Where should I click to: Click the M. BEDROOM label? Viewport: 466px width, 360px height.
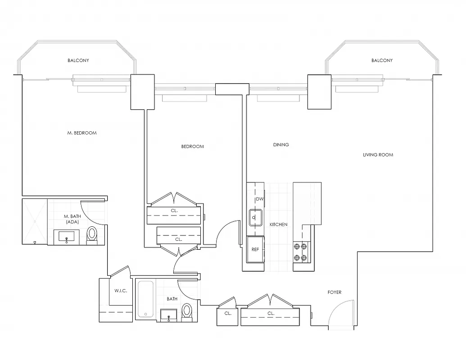pos(82,133)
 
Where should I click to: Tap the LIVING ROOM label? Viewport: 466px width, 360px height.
pos(378,155)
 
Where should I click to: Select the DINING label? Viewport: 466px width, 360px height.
pos(281,145)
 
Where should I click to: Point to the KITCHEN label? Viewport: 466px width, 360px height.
pos(278,225)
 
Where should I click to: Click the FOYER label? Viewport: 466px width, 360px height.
pos(334,292)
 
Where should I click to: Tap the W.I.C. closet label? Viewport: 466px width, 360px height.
pos(121,291)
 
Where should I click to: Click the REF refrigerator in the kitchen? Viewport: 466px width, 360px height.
pos(255,249)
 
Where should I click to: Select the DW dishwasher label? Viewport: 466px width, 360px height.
pos(259,199)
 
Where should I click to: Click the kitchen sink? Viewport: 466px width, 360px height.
pos(255,218)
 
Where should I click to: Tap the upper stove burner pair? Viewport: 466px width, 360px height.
pos(300,246)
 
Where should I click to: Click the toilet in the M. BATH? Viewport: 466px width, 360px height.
pos(92,234)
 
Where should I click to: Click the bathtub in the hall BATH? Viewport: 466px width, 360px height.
pos(146,299)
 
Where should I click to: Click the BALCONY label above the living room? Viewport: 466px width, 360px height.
pos(382,61)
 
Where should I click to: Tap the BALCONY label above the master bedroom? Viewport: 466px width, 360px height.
pos(78,61)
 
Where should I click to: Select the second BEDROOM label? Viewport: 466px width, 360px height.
pos(192,146)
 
